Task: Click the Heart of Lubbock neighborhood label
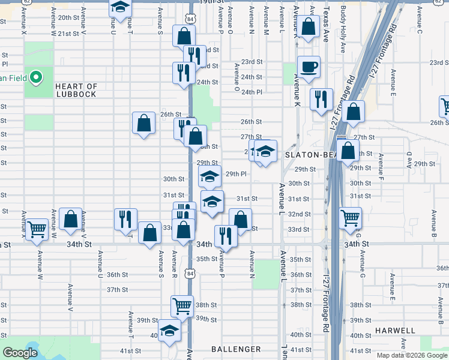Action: [x=76, y=91]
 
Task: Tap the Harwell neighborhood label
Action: [x=395, y=331]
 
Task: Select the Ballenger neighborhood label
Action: [x=236, y=349]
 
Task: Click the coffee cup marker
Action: [x=309, y=67]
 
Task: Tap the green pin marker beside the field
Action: [x=36, y=77]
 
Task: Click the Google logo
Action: [x=20, y=353]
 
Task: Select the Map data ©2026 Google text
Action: [x=412, y=355]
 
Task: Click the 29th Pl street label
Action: [x=236, y=174]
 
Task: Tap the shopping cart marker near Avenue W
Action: [x=37, y=229]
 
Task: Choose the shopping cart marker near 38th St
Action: [x=182, y=305]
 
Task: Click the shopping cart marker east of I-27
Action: [x=350, y=218]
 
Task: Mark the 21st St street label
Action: [x=68, y=34]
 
